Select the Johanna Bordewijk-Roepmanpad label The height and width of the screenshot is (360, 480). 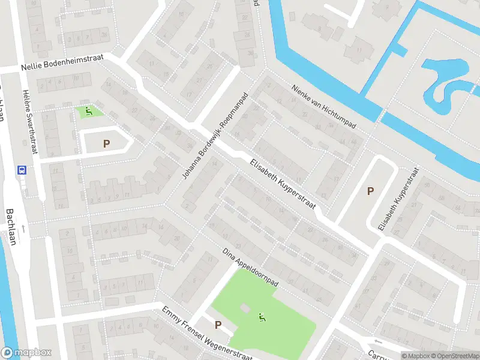pos(215,136)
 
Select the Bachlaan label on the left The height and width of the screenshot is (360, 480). pos(10,227)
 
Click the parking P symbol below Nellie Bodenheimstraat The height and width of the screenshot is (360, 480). pos(106,143)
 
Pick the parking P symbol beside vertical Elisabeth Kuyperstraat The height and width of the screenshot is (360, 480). pos(370,191)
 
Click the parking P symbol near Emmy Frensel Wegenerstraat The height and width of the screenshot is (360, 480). pos(218,325)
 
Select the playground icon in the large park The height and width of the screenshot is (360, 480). pos(261,317)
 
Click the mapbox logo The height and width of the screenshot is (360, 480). pos(26,353)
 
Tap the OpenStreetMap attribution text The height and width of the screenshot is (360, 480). pos(456,356)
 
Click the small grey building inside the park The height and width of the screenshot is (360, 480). pos(244,308)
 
